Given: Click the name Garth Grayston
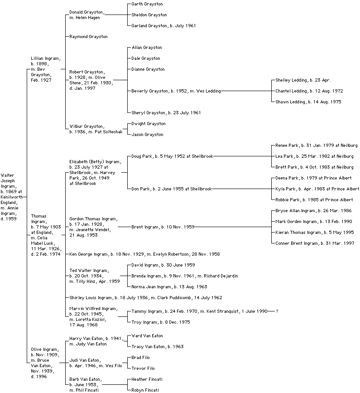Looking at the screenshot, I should coord(147,4).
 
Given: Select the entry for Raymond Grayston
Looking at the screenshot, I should coord(88,37).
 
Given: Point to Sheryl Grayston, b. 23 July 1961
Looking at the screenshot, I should coord(166,113).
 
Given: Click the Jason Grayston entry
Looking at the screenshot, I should coord(147,135).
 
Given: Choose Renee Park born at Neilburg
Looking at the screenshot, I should coord(316,146).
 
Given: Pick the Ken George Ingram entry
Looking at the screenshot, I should coord(144,254).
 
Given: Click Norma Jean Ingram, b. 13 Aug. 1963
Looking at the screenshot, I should coord(169,287).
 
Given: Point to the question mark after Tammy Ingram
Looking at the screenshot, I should coord(277,311).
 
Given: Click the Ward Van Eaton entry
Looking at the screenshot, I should coord(147,336).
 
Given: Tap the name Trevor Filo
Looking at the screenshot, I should coord(143,369).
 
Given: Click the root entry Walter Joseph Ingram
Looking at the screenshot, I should coord(11,197).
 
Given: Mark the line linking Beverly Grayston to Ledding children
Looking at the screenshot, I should coord(245,91).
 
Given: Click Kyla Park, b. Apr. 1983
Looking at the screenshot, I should coord(317,189).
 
